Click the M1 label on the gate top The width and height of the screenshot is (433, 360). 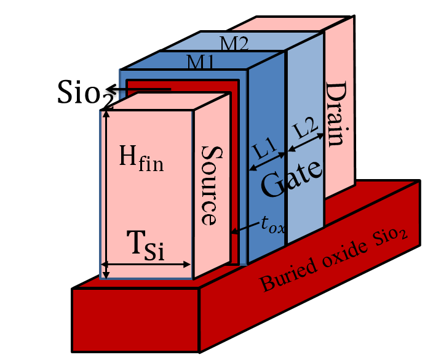(200, 62)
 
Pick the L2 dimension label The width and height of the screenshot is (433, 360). (303, 130)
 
